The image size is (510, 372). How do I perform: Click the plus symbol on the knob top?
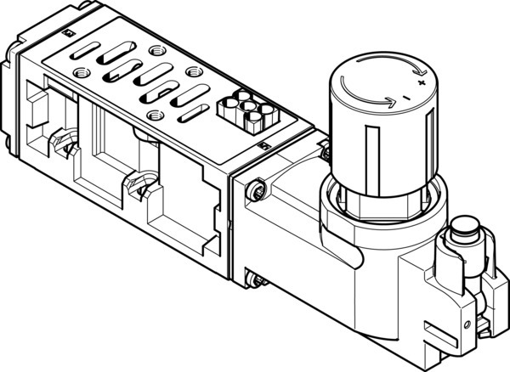[420, 85]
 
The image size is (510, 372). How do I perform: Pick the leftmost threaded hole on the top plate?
[79, 71]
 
